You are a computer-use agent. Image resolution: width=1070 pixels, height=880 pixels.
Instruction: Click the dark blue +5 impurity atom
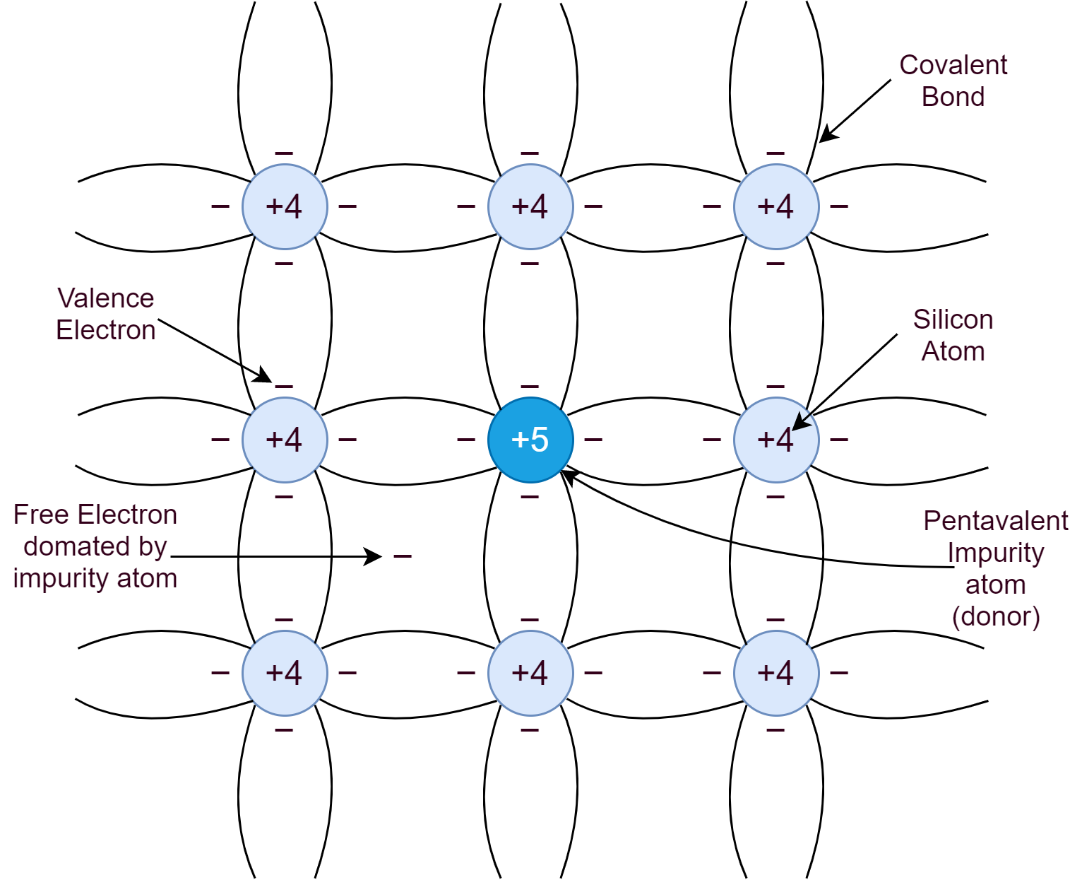pyautogui.click(x=530, y=439)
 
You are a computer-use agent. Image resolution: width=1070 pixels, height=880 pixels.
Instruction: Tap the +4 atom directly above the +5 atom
pyautogui.click(x=530, y=206)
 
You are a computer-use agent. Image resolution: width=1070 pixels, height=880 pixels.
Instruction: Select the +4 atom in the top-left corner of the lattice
pyautogui.click(x=285, y=206)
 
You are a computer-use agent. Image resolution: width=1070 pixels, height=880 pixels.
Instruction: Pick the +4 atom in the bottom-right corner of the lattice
pyautogui.click(x=775, y=673)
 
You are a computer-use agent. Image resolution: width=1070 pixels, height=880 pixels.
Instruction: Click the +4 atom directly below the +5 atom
pyautogui.click(x=530, y=673)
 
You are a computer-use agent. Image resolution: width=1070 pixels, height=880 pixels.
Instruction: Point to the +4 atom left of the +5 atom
pyautogui.click(x=285, y=439)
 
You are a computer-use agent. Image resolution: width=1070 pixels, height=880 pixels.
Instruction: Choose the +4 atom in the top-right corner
pyautogui.click(x=775, y=206)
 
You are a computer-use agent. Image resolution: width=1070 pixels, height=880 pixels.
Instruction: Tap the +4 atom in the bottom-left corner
pyautogui.click(x=285, y=673)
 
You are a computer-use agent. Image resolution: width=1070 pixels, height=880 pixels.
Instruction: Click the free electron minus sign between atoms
pyautogui.click(x=403, y=556)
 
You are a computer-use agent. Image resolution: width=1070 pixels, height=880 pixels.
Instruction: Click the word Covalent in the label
pyautogui.click(x=953, y=65)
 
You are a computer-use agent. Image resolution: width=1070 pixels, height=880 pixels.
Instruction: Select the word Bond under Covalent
pyautogui.click(x=953, y=96)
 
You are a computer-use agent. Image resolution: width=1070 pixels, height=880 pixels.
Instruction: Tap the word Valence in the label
pyautogui.click(x=105, y=298)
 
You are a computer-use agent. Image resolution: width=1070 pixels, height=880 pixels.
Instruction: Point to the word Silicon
pyautogui.click(x=953, y=319)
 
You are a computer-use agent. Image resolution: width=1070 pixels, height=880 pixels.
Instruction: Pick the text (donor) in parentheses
pyautogui.click(x=996, y=616)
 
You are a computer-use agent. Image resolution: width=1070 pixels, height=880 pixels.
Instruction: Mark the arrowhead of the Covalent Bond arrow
pyautogui.click(x=828, y=134)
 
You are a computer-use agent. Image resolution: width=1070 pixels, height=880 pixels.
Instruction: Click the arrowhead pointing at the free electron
pyautogui.click(x=373, y=556)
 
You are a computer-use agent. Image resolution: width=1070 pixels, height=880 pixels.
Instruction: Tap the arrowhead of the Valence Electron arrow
pyautogui.click(x=263, y=375)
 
